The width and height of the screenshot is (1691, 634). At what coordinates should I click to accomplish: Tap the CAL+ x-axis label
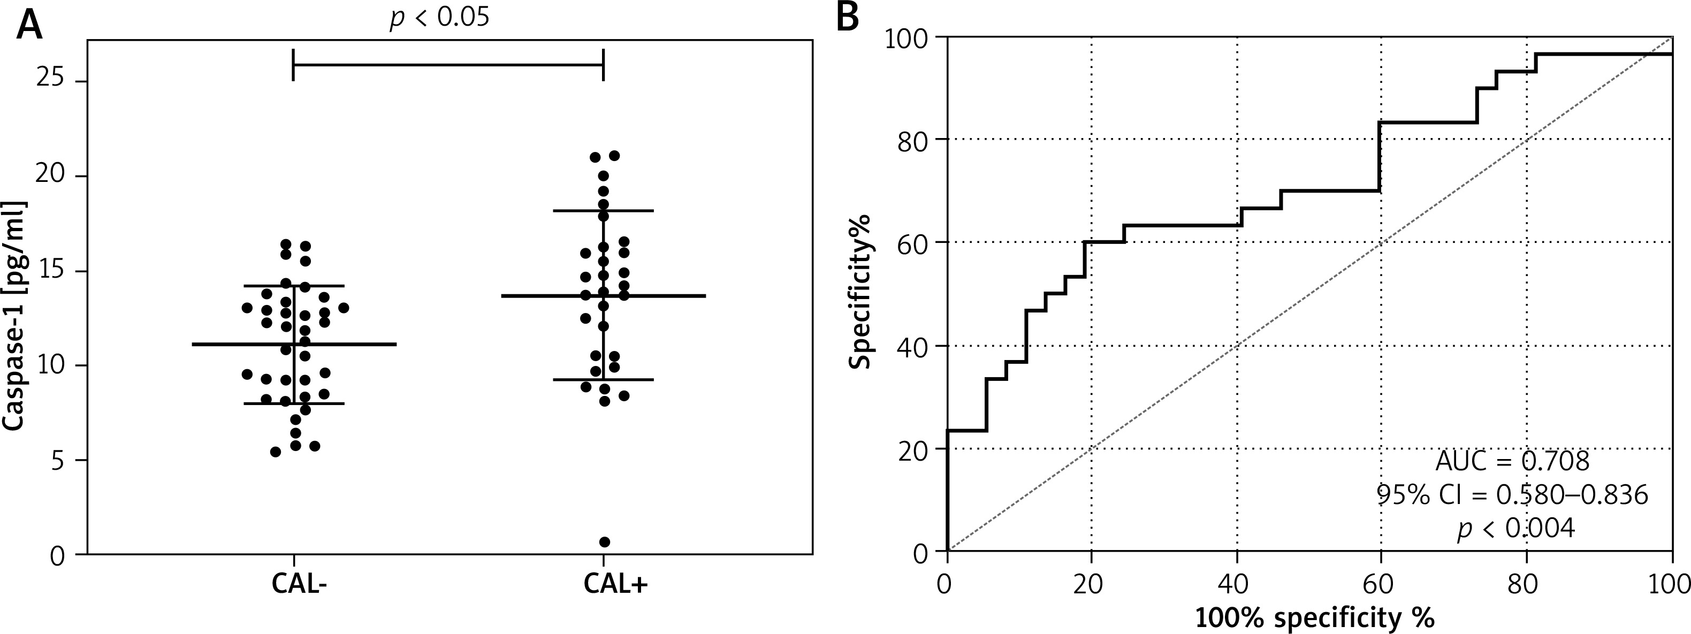[615, 584]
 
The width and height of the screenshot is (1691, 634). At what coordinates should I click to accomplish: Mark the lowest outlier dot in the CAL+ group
[605, 542]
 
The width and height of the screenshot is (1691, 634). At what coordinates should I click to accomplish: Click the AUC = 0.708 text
[1512, 461]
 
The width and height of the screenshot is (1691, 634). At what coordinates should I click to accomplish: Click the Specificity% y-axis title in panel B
[860, 292]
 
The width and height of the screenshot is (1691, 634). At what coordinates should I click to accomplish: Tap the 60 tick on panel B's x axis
[1381, 583]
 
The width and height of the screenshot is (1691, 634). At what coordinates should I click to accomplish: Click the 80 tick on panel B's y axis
[913, 139]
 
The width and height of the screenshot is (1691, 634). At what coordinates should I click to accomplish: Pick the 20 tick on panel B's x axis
[1091, 583]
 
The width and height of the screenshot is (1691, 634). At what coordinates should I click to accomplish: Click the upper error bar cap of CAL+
[603, 211]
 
